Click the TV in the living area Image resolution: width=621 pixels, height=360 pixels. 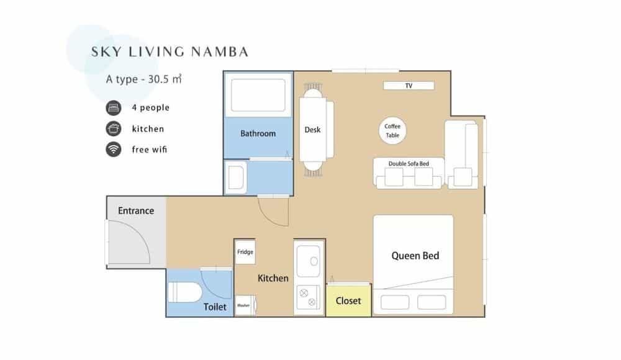pos(409,86)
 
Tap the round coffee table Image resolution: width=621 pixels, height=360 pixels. pos(392,131)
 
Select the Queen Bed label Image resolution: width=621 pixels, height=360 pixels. pos(415,256)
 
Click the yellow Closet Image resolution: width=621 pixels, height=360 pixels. pos(348,300)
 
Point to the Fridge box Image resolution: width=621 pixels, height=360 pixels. pos(245,252)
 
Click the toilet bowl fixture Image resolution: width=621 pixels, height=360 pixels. pos(184,292)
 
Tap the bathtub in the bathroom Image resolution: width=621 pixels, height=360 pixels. pos(258,95)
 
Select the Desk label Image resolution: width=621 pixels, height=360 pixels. pos(312,130)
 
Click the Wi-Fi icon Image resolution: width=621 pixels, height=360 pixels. pos(113,150)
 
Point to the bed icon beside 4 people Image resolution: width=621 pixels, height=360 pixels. pos(113,107)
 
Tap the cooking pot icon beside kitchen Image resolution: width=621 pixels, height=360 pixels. pos(113,128)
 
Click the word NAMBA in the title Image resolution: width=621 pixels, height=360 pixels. pos(219,52)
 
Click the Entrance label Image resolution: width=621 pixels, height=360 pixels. pos(136,210)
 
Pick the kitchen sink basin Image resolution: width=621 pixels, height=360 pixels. pos(309,261)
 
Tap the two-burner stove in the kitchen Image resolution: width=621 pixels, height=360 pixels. pos(308,298)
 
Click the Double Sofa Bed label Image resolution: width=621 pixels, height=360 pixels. pos(409,164)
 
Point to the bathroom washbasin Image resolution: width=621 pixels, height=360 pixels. pos(236,178)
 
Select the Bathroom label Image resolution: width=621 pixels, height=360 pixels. pos(258,133)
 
